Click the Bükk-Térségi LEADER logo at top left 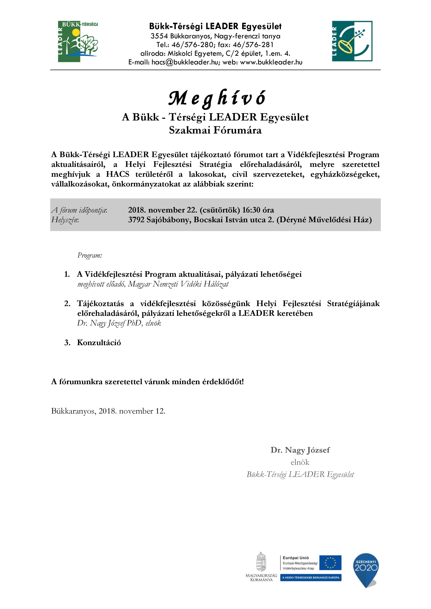click(78, 42)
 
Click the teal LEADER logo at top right click(352, 41)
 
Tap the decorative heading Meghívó click(217, 98)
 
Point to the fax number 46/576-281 click(253, 45)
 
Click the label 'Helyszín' click(65, 220)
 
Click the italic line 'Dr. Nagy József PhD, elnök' click(119, 323)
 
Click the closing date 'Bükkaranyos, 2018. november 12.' click(108, 411)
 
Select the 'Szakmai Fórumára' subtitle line click(215, 130)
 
